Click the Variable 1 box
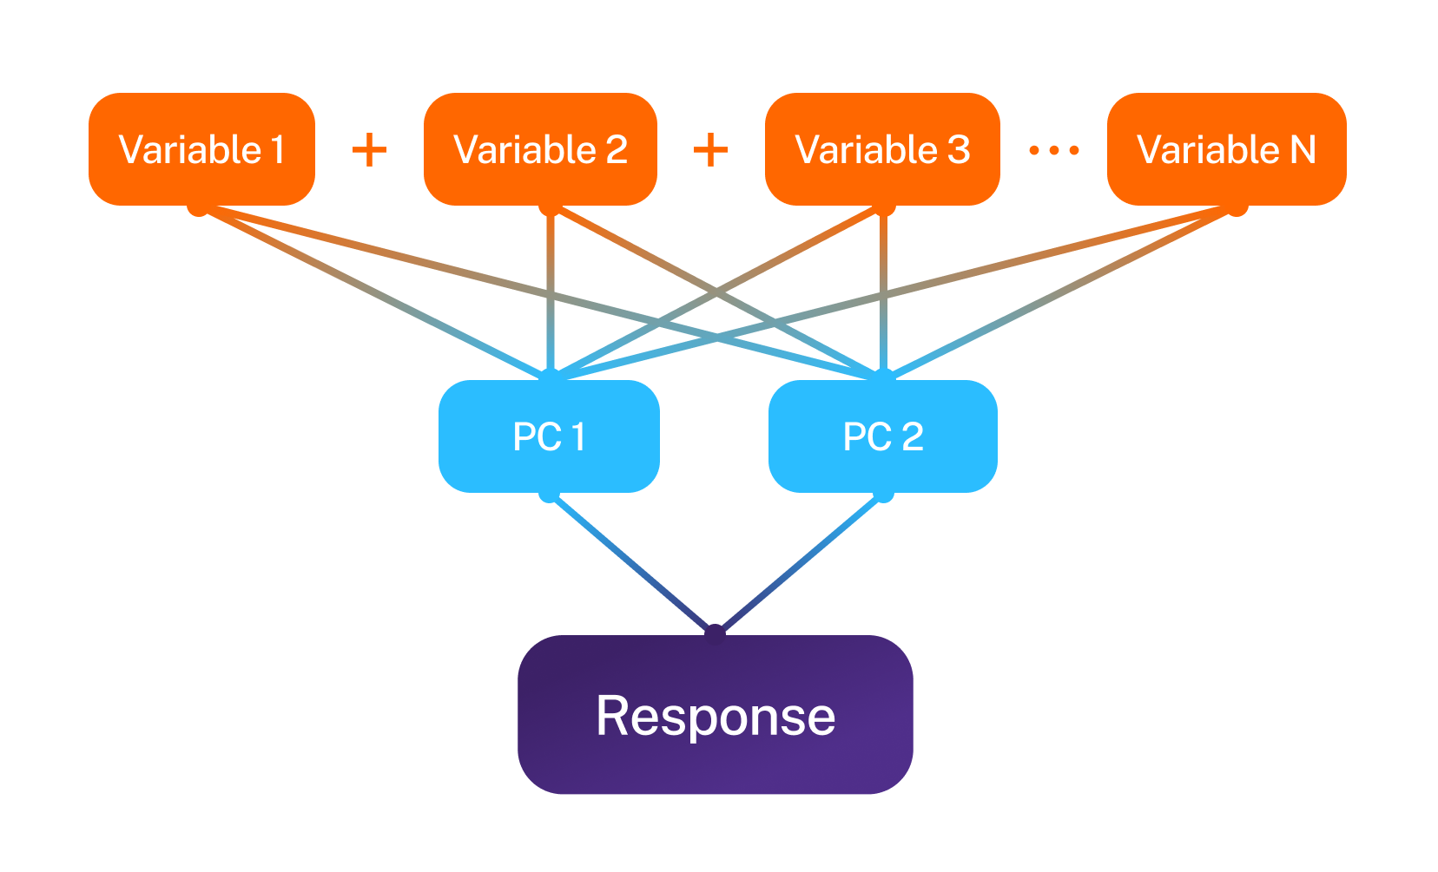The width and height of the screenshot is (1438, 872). (x=201, y=149)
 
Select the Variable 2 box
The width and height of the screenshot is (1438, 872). (x=540, y=149)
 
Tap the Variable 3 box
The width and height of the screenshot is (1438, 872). (x=882, y=149)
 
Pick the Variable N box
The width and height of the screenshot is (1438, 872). (x=1226, y=149)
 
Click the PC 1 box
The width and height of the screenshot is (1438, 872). (x=549, y=436)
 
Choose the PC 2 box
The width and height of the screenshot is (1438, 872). (x=882, y=436)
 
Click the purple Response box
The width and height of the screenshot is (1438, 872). (x=715, y=715)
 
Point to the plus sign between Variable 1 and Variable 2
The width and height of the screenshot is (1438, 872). (x=369, y=150)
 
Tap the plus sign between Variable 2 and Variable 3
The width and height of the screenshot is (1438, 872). (x=710, y=150)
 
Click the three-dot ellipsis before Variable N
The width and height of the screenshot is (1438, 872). (x=1053, y=151)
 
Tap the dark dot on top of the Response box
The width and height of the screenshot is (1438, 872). (x=715, y=632)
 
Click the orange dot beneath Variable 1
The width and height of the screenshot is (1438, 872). (x=198, y=208)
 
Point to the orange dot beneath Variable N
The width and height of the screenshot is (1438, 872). (x=1237, y=208)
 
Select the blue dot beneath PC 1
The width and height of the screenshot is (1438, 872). (x=548, y=495)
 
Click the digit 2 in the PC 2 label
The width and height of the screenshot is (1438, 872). (x=912, y=436)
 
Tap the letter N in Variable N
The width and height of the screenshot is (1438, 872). (x=1303, y=149)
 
